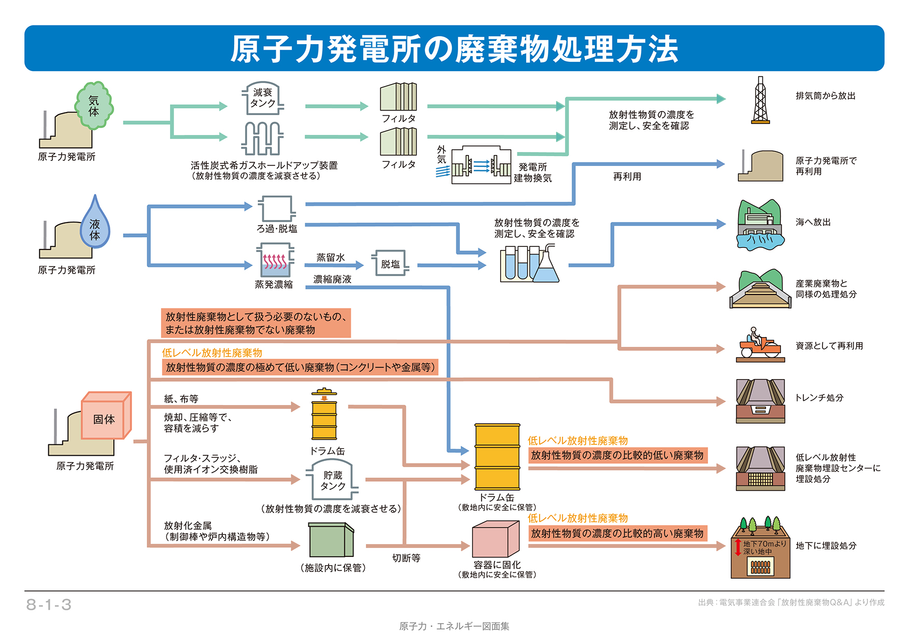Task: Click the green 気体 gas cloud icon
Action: point(94,105)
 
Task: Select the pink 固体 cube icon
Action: point(106,416)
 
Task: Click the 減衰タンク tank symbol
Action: point(263,98)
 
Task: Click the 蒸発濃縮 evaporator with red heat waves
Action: point(275,261)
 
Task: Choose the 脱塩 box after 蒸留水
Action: point(390,263)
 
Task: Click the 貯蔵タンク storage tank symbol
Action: point(333,480)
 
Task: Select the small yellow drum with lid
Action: point(324,414)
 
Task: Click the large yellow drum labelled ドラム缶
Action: point(497,456)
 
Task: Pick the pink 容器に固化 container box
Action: point(495,539)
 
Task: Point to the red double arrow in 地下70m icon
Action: point(738,547)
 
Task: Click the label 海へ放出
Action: point(813,222)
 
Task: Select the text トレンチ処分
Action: point(819,398)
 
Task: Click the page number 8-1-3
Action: point(49,605)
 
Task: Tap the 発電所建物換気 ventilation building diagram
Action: point(481,165)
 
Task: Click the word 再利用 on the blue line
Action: point(627,177)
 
